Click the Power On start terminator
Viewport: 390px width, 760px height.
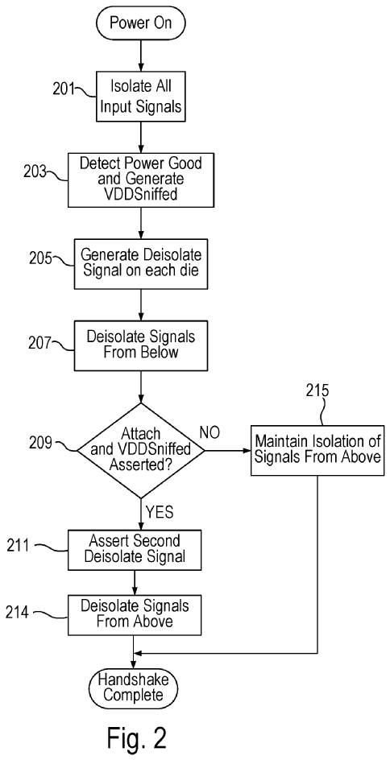[x=141, y=22]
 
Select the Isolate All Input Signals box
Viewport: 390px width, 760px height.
[x=140, y=97]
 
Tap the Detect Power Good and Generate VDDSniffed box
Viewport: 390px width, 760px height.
[x=140, y=179]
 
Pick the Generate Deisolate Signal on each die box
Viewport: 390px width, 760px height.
[x=140, y=262]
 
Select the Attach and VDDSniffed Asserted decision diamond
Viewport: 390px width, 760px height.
[x=140, y=451]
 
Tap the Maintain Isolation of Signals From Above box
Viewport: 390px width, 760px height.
[x=317, y=450]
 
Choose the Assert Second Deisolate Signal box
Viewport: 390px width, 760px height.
[x=135, y=549]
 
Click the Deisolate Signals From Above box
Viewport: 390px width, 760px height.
[x=135, y=613]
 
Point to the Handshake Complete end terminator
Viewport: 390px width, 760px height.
[x=134, y=688]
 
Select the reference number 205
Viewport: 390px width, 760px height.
[x=39, y=258]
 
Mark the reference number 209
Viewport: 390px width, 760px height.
[x=39, y=443]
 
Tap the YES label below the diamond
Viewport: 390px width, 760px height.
[x=160, y=512]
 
